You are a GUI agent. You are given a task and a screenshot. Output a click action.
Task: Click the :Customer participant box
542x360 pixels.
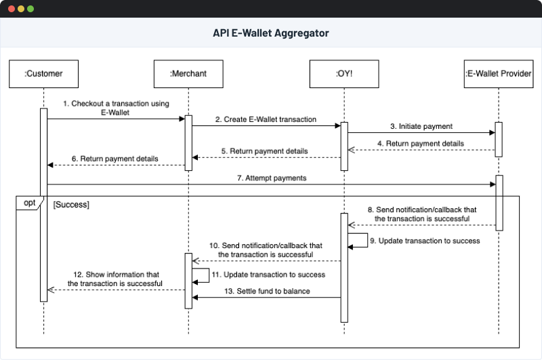tap(43, 73)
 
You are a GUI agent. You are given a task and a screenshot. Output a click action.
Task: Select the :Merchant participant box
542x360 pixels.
tap(188, 73)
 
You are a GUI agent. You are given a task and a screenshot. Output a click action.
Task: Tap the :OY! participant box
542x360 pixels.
tap(343, 73)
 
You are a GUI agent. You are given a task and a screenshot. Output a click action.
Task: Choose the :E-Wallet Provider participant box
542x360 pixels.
tap(498, 73)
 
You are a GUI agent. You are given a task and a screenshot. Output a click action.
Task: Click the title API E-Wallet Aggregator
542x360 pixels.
tap(271, 33)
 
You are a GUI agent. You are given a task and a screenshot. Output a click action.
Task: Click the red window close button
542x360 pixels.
tap(10, 9)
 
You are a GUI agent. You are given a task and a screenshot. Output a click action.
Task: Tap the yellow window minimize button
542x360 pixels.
tap(20, 9)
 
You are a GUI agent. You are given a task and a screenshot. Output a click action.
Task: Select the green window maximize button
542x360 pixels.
tap(30, 9)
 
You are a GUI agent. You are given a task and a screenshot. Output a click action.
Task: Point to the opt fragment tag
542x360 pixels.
tap(29, 203)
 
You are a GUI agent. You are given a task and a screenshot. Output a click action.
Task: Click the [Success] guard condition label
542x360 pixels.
tap(71, 203)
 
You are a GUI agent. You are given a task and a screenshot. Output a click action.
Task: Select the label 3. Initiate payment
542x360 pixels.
tap(421, 126)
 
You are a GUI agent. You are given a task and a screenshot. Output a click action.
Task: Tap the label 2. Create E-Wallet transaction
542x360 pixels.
tap(266, 119)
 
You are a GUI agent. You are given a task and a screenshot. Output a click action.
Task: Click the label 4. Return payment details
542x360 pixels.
tap(420, 144)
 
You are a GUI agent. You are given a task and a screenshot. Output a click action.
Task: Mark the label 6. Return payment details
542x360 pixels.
tap(115, 159)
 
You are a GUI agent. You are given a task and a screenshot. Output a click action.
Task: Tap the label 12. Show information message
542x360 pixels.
tap(115, 278)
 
